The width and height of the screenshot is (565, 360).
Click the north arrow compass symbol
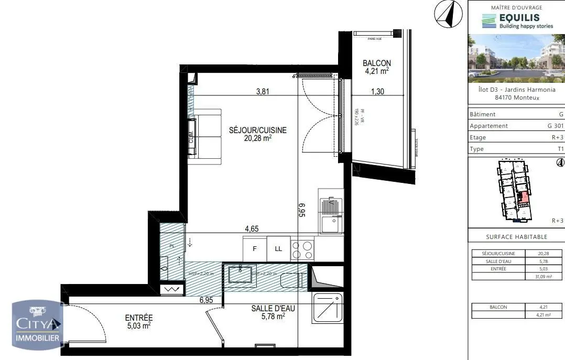(x=448, y=14)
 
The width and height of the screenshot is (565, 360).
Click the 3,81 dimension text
(x=263, y=91)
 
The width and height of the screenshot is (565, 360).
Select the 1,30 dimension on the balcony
(x=377, y=91)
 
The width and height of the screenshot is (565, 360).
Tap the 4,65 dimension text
(x=252, y=229)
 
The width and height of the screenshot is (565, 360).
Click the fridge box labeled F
(x=255, y=249)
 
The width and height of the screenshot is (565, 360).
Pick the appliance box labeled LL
(x=278, y=249)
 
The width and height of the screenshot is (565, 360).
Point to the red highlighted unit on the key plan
(x=522, y=198)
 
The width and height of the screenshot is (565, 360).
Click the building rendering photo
(x=516, y=58)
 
